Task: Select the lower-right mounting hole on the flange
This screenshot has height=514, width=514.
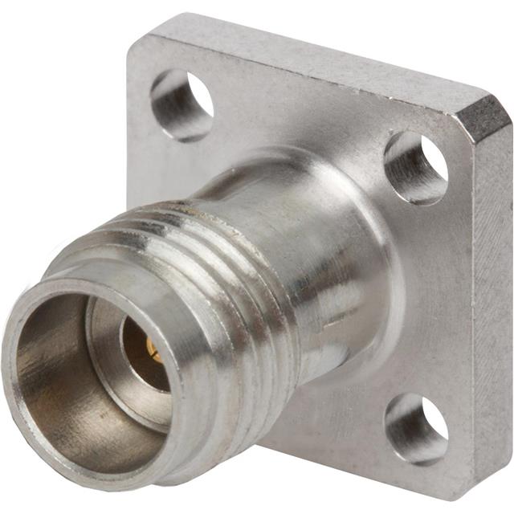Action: click(415, 428)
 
